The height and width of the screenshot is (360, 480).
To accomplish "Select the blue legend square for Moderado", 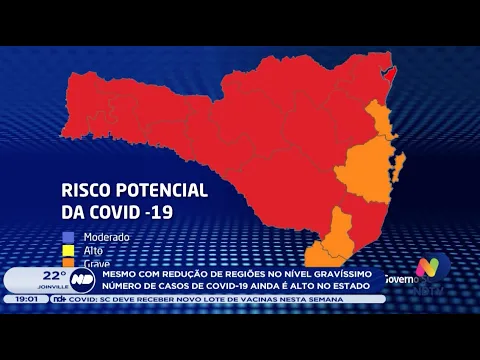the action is point(69,237).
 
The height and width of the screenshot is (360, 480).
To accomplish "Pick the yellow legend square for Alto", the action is point(69,250).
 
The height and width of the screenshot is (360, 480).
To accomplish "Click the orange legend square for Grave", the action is point(69,262).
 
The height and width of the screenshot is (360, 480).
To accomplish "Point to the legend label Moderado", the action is point(107,237).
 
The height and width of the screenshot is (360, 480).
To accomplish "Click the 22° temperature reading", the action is point(53,274).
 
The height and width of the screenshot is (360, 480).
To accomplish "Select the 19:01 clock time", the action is point(26,299).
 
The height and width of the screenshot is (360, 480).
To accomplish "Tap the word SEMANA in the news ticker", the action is point(329,299).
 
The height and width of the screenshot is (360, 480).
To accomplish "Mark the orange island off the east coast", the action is point(400,160).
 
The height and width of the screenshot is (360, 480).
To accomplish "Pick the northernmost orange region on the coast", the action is point(379,119).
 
